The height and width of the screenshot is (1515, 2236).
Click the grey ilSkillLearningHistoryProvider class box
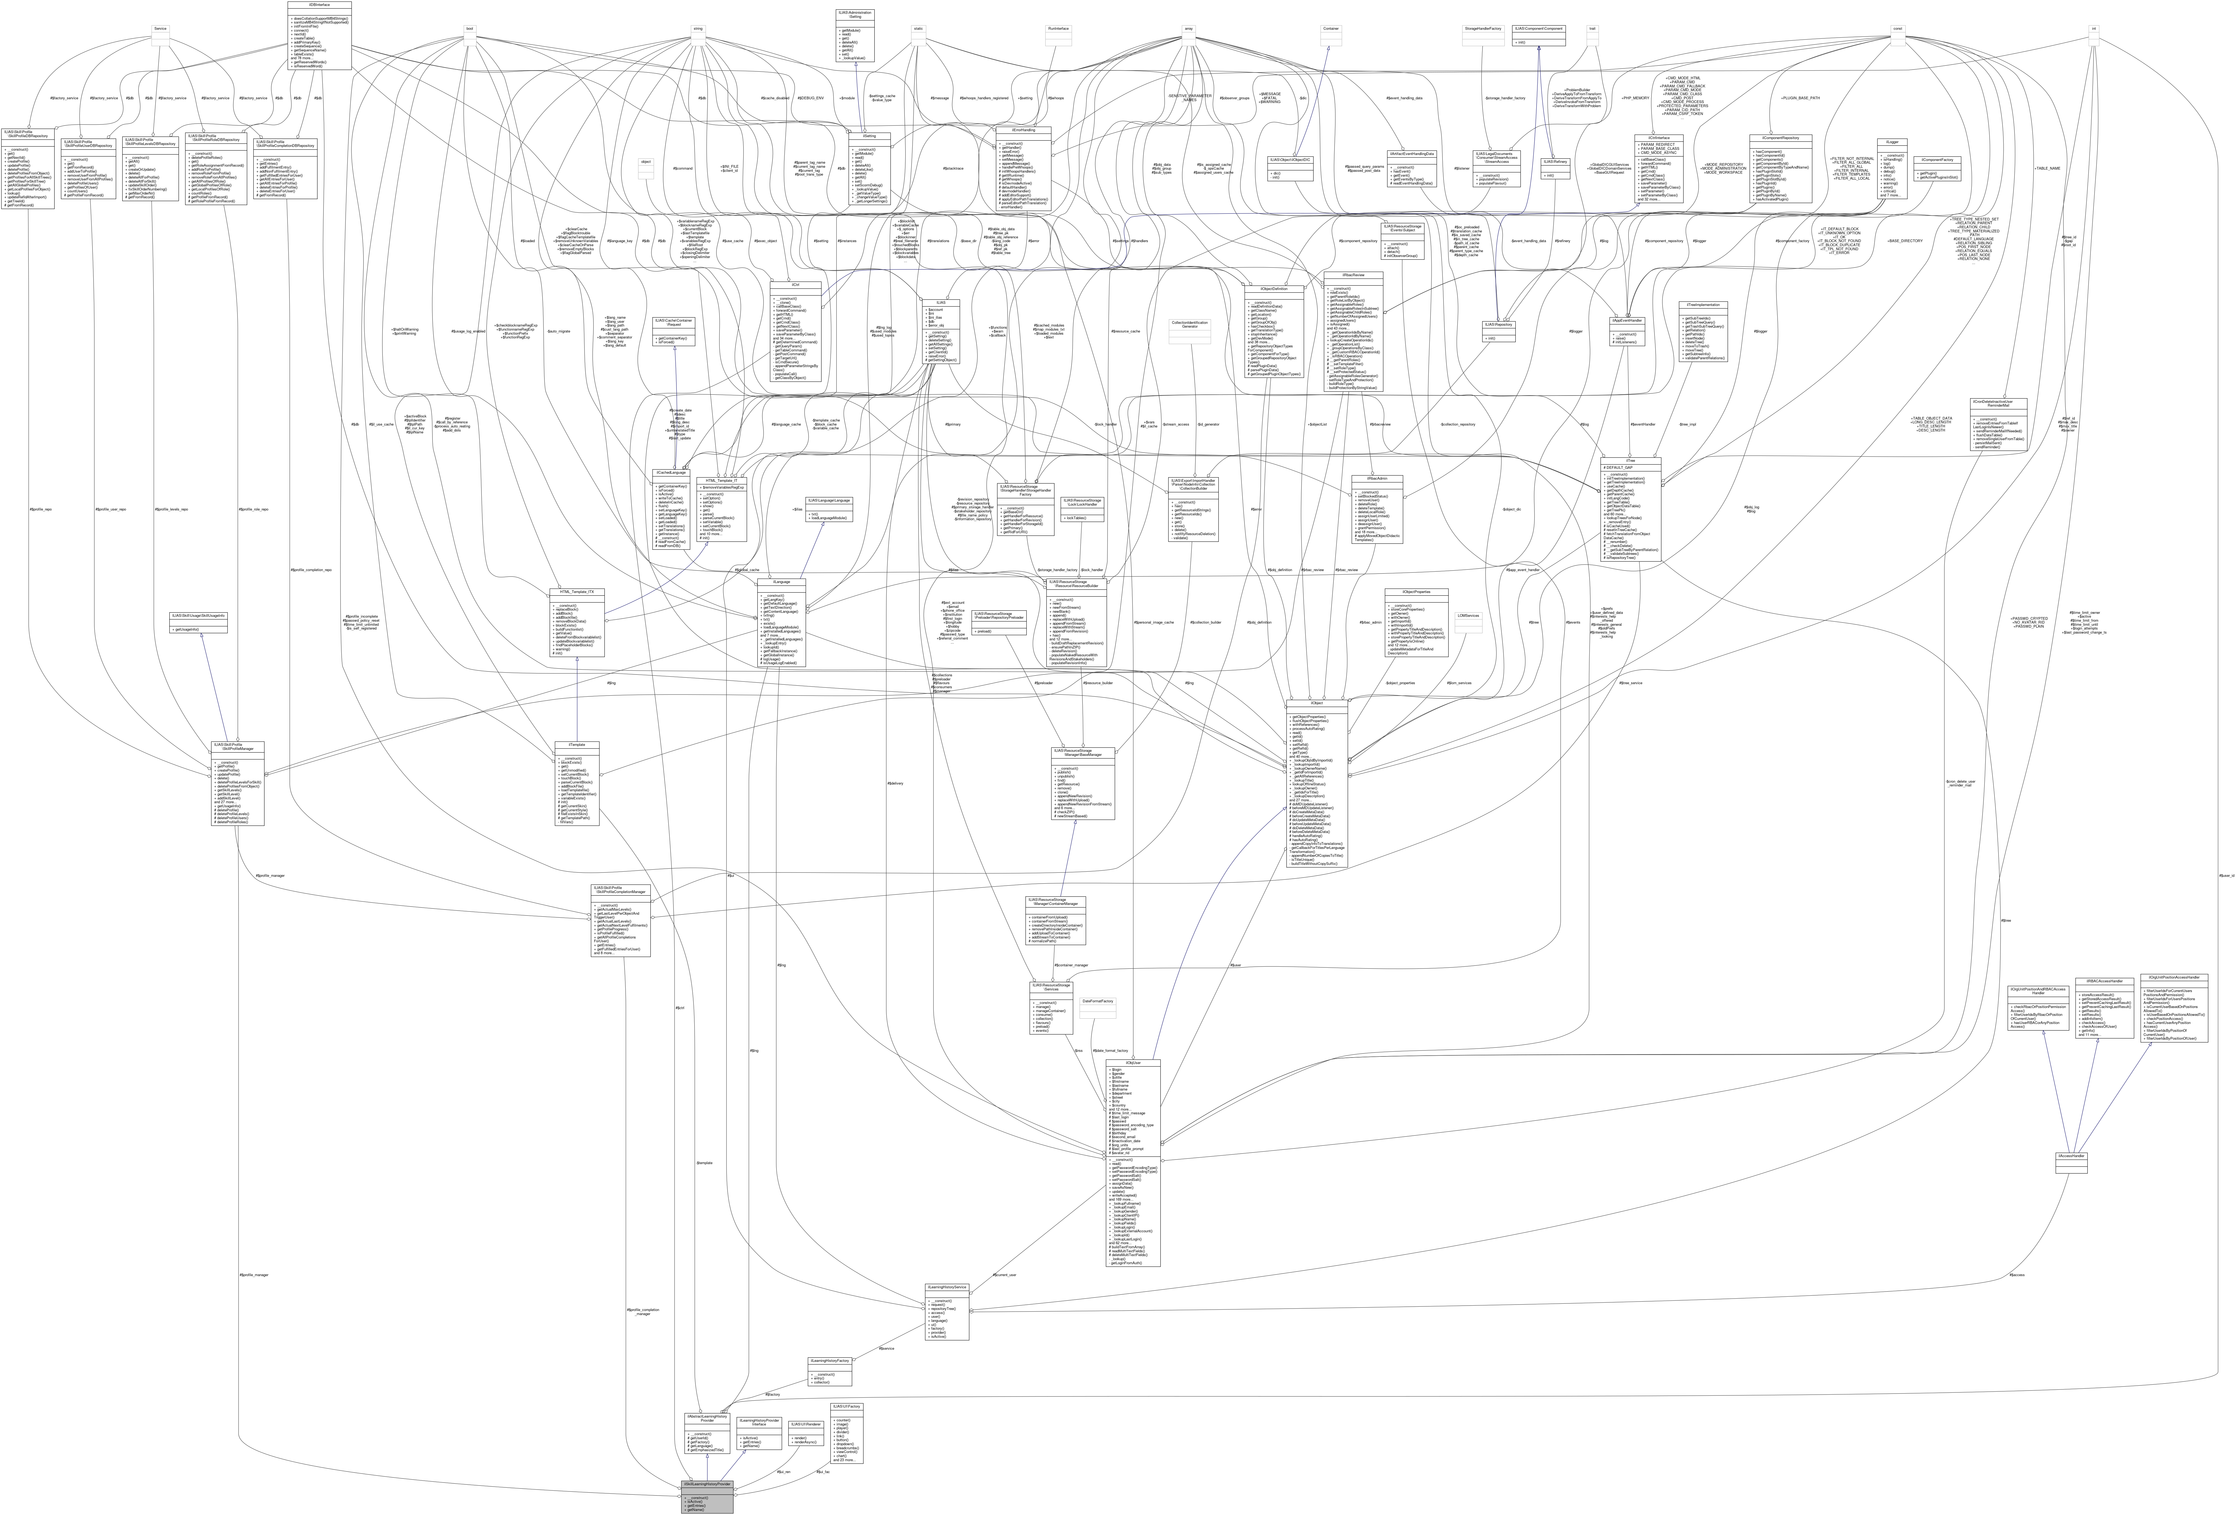tap(707, 1497)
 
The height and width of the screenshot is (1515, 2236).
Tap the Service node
tap(161, 29)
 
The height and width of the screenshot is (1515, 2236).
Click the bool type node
tap(470, 29)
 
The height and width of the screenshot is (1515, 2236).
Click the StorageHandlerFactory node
tap(1483, 29)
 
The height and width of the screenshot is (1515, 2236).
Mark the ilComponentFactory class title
tap(1936, 160)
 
